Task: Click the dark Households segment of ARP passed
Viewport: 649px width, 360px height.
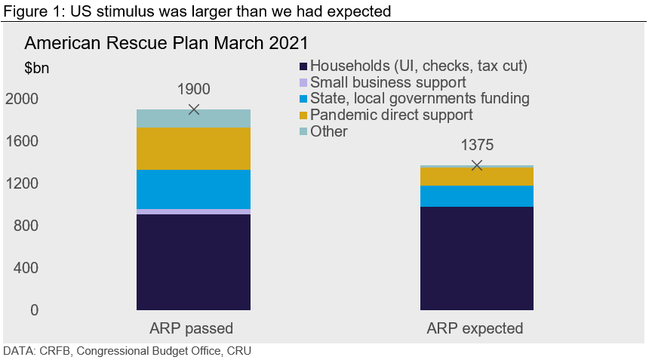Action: (193, 262)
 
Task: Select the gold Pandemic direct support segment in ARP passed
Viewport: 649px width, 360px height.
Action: (193, 149)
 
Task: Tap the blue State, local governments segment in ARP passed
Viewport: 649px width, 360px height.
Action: (193, 189)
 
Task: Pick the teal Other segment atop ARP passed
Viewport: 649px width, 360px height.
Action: (193, 118)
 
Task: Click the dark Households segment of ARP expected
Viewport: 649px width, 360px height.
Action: (476, 258)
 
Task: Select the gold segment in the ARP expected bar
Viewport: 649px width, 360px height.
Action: (476, 176)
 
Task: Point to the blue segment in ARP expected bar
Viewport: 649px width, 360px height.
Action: (476, 195)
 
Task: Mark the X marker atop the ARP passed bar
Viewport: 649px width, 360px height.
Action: (194, 109)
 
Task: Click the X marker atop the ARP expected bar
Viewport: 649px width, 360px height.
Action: (476, 165)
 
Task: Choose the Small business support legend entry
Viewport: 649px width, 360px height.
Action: (388, 82)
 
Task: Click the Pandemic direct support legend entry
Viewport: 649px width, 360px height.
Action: (391, 115)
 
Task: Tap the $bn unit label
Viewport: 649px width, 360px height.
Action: (37, 68)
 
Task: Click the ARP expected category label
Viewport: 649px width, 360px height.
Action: (475, 329)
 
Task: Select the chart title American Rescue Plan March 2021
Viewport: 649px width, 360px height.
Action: (166, 42)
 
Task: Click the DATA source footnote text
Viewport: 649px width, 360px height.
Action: (128, 351)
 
